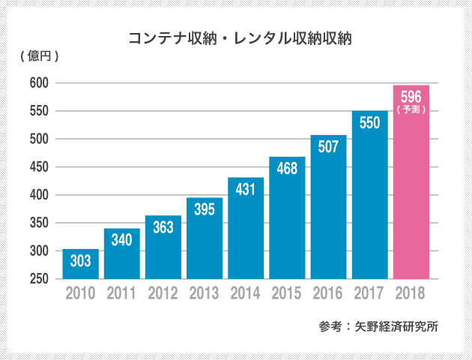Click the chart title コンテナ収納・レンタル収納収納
tap(240, 37)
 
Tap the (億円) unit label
tap(35, 57)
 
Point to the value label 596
tap(411, 96)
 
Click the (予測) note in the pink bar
tap(411, 109)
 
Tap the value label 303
tap(80, 262)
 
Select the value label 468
tap(287, 169)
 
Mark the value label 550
tap(370, 123)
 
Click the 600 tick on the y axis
tap(40, 83)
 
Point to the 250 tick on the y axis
tap(40, 279)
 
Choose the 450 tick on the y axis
tap(40, 167)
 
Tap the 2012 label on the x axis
tap(163, 292)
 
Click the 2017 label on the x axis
tap(370, 292)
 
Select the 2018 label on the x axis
tap(411, 292)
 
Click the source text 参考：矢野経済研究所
tap(378, 327)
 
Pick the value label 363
tap(163, 228)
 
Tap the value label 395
tap(204, 210)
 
